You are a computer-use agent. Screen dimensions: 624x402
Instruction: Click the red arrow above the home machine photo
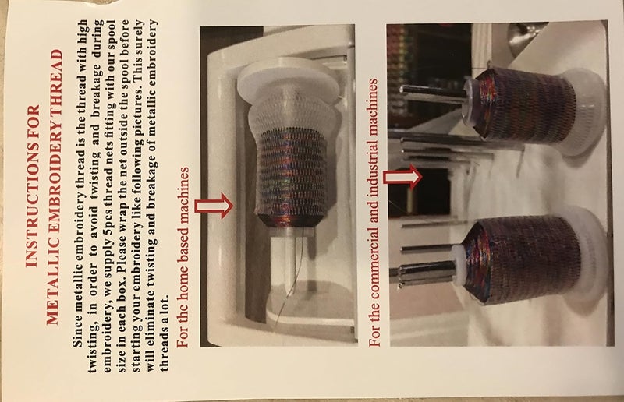[x=214, y=206]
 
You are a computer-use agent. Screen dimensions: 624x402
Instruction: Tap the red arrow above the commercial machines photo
[x=402, y=177]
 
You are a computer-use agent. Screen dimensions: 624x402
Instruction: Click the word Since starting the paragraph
[x=78, y=334]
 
